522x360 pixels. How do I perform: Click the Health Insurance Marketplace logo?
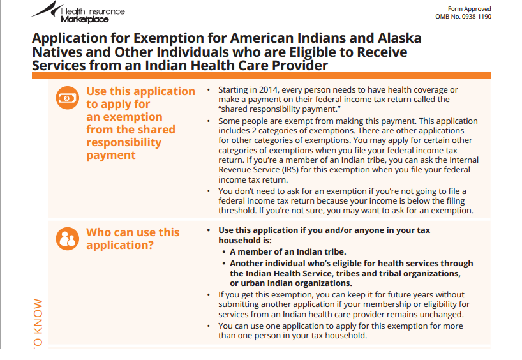78,12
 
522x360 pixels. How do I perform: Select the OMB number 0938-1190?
477,17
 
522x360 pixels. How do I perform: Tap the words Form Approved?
470,9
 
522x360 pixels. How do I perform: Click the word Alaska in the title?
399,38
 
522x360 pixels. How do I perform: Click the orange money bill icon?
68,98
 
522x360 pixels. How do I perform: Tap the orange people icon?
68,239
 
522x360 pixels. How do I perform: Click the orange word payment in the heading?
111,155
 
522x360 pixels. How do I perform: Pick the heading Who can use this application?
133,239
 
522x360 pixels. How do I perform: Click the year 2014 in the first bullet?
269,90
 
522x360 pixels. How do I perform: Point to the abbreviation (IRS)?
290,170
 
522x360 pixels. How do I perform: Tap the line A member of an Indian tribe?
288,251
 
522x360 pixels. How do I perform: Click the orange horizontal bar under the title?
262,75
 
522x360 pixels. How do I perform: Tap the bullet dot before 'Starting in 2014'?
209,90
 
